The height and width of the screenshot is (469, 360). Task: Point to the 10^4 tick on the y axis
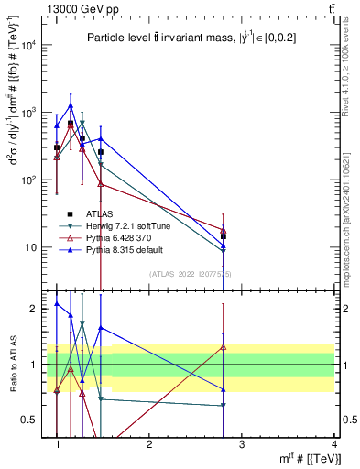pyautogui.click(x=33, y=45)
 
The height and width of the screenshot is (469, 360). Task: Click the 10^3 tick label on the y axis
pyautogui.click(x=33, y=113)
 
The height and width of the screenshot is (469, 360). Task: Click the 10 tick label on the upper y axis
pyautogui.click(x=36, y=247)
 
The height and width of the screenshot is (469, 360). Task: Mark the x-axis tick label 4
pyautogui.click(x=334, y=443)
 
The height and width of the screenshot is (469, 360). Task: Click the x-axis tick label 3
pyautogui.click(x=242, y=443)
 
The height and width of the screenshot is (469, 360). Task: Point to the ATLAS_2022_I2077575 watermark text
pyautogui.click(x=190, y=274)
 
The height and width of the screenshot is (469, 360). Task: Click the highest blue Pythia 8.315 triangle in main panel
pyautogui.click(x=71, y=105)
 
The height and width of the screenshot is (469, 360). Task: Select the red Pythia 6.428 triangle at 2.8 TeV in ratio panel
pyautogui.click(x=224, y=346)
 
